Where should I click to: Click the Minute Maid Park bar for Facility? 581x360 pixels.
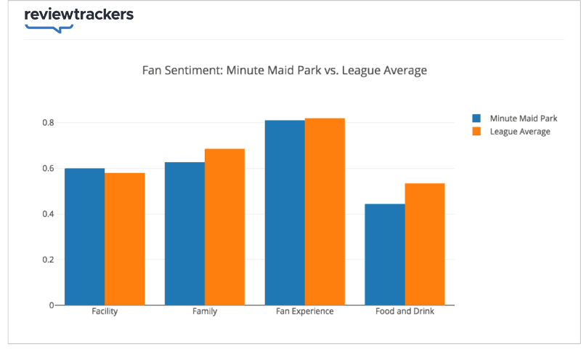84,236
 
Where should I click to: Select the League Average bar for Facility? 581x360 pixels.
124,239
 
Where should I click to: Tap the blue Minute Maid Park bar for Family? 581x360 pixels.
184,233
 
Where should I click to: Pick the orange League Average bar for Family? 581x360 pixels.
224,227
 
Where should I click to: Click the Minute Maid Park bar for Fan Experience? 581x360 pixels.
285,212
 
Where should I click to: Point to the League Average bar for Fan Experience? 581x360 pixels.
325,211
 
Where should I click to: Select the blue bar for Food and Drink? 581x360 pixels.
384,255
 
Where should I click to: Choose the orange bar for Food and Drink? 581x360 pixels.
424,244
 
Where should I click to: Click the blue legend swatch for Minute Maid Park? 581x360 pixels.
477,118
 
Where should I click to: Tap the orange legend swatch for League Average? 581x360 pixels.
477,132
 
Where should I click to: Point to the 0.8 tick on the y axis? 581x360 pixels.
47,123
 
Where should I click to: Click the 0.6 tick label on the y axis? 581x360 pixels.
47,169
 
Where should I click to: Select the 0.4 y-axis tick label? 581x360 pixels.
47,215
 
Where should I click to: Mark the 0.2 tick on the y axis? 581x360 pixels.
47,260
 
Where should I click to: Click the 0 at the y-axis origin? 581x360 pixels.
52,305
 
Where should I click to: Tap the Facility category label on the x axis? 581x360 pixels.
105,312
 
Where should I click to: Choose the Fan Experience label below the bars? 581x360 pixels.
305,312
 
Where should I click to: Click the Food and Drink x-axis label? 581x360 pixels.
405,312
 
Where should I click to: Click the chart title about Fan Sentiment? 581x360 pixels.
284,71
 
